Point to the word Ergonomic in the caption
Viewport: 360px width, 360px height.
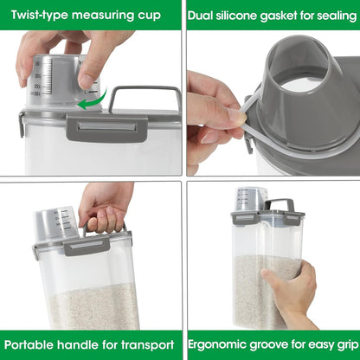coord(222,344)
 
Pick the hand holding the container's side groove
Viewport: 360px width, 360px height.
coord(290,290)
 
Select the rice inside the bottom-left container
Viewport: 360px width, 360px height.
coord(91,307)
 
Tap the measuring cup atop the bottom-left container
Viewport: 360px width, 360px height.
coord(55,223)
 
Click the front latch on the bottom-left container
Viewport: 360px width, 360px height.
coord(87,247)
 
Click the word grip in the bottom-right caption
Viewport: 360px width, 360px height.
coord(338,344)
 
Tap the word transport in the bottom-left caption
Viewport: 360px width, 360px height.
coord(142,344)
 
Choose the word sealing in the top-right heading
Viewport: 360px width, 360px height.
coord(334,15)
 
